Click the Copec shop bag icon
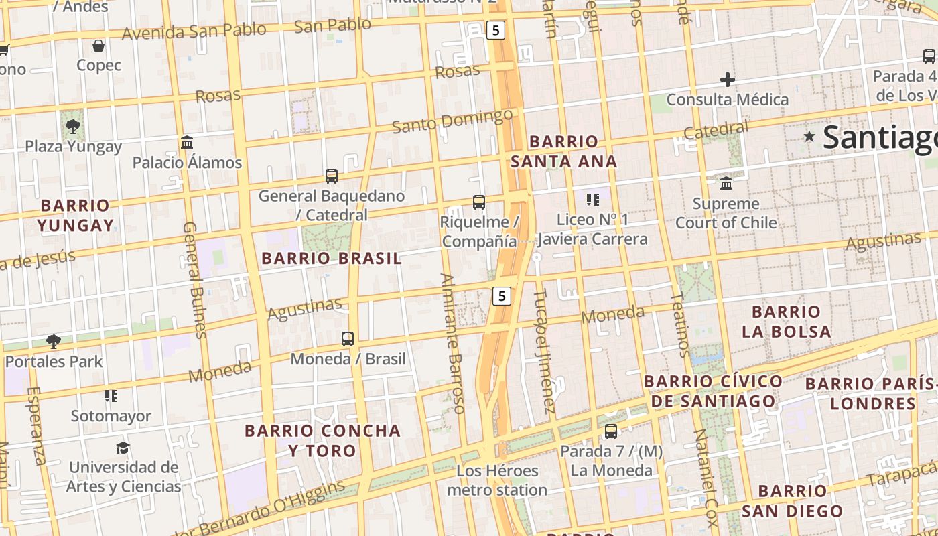(98, 46)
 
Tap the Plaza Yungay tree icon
(73, 126)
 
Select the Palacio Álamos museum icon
(187, 143)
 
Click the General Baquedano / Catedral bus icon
(332, 176)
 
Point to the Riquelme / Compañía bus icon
(478, 202)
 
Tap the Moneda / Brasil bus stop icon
(347, 339)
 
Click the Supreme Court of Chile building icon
(726, 183)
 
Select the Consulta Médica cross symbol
(727, 80)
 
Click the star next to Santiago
(809, 137)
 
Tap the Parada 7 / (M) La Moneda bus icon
(610, 431)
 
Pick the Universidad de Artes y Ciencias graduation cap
(122, 448)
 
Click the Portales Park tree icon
(54, 342)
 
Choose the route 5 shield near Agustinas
(502, 295)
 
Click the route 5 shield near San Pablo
(494, 30)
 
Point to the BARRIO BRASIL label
(331, 258)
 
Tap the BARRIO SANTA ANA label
(563, 151)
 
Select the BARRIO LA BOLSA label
(786, 321)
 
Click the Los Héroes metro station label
(497, 480)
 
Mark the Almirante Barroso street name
(453, 343)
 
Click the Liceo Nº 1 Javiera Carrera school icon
(592, 199)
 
